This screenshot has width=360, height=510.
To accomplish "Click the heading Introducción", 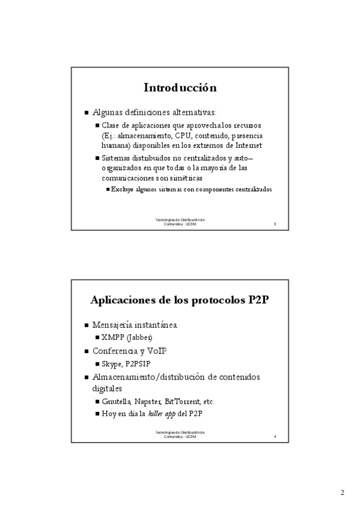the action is point(180,88).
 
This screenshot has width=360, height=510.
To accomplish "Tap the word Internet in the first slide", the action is point(248,145).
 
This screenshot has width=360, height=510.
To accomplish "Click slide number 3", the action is point(275,224).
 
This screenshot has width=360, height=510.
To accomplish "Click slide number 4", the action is point(275,436).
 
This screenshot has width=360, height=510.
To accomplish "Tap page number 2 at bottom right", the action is point(342,493).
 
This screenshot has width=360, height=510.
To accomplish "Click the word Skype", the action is point(112,364).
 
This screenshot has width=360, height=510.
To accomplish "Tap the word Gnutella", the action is point(118,401).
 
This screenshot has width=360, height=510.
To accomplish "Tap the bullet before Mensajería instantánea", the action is point(87,325).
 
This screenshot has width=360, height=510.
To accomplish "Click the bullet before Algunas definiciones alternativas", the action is point(87,112).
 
